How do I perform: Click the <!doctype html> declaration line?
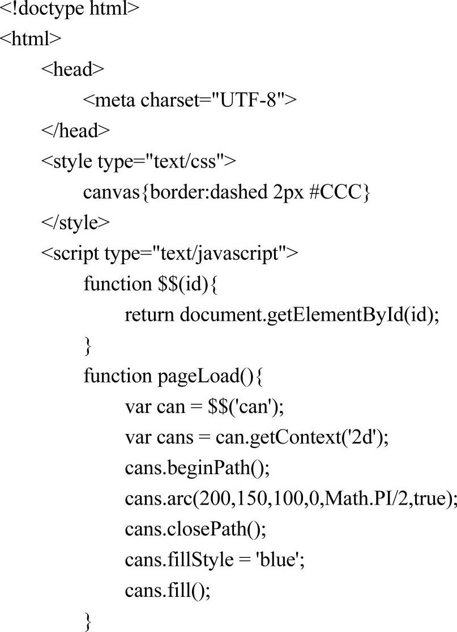[70, 9]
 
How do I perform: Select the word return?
[150, 315]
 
